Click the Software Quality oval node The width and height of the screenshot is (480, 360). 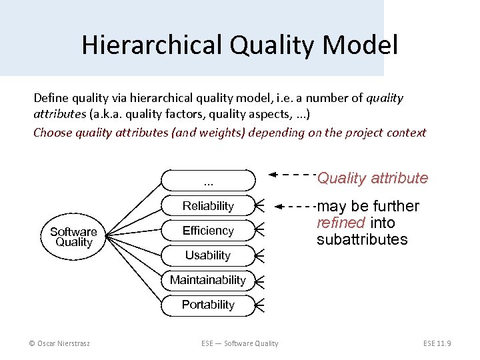[73, 237]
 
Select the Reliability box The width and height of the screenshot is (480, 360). [208, 206]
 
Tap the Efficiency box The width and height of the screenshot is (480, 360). [208, 231]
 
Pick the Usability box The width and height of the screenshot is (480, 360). [208, 255]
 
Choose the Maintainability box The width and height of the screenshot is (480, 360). [208, 280]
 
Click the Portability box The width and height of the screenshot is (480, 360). [208, 305]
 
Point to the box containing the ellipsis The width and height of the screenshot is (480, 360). [208, 181]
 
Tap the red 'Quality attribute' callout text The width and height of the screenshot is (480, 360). [372, 178]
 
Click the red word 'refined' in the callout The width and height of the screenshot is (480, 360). [340, 223]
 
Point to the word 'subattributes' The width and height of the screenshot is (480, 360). [361, 239]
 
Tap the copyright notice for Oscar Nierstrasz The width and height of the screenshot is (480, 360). [59, 343]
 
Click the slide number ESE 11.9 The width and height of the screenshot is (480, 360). [437, 343]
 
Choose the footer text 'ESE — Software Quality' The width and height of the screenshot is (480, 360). [240, 343]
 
